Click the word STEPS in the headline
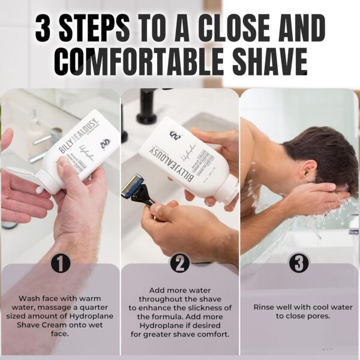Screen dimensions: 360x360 click(99, 27)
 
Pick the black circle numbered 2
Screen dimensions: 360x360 click(180, 263)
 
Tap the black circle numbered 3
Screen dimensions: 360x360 click(299, 263)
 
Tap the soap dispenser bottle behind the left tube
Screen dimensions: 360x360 click(36, 132)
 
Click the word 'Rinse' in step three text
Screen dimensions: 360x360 click(264, 307)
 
